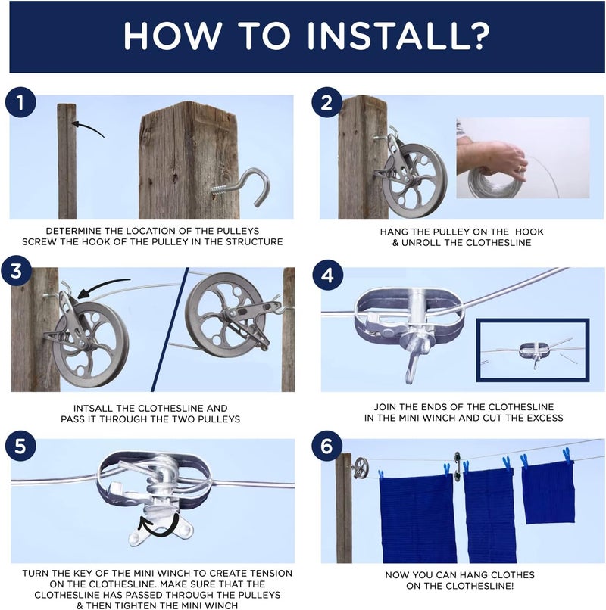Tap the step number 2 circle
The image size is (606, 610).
pyautogui.click(x=326, y=104)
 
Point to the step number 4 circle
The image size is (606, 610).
pyautogui.click(x=326, y=274)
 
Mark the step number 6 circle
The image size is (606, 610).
pyautogui.click(x=326, y=447)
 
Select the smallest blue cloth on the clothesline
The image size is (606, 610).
pyautogui.click(x=547, y=491)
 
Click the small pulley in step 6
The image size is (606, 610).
pyautogui.click(x=361, y=467)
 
